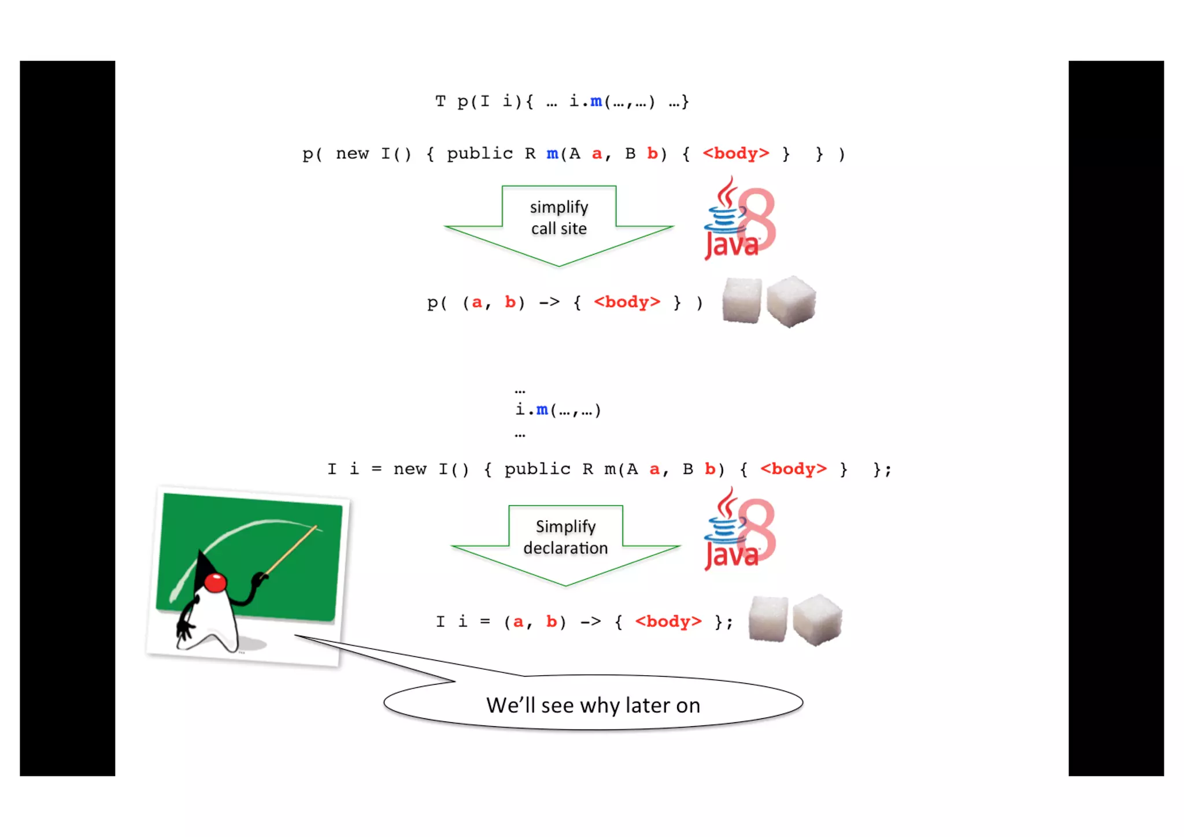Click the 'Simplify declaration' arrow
click(x=565, y=543)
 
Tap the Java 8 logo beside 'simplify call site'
click(x=739, y=220)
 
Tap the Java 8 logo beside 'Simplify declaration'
click(x=739, y=531)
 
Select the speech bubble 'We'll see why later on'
click(x=593, y=705)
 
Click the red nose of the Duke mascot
click(x=215, y=583)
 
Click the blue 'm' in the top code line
click(x=596, y=102)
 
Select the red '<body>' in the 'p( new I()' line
click(x=736, y=154)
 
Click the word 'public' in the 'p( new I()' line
click(x=480, y=154)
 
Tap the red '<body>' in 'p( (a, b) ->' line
click(x=627, y=302)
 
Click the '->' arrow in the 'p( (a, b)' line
click(x=549, y=302)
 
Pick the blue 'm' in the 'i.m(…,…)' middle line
click(x=542, y=410)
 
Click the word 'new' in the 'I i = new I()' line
click(x=410, y=469)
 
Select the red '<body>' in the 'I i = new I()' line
click(x=794, y=469)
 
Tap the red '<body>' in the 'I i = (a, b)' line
click(x=668, y=622)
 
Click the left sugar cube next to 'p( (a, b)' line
click(x=742, y=301)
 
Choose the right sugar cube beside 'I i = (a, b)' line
click(x=817, y=620)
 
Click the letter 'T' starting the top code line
click(x=441, y=102)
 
